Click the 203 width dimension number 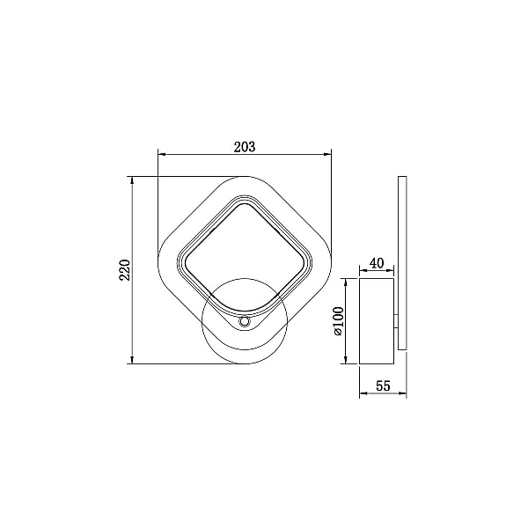[245, 147]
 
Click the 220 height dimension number [125, 270]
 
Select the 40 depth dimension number [377, 263]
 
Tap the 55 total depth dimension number [383, 385]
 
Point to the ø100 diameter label [338, 321]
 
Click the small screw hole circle [244, 322]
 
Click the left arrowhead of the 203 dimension [162, 155]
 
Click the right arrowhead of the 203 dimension [327, 155]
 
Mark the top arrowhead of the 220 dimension [132, 180]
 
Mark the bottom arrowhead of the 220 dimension [132, 360]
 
